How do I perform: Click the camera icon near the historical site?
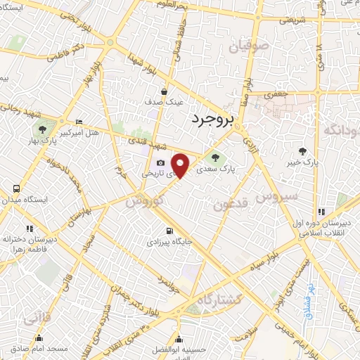[161, 163]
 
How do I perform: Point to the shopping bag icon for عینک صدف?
[165, 91]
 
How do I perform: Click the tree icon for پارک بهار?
[44, 129]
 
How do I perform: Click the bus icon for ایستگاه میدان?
[15, 188]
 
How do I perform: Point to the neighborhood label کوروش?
[145, 200]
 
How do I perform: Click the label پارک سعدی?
[215, 169]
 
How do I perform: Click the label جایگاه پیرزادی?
[168, 241]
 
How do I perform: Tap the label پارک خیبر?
[303, 162]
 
